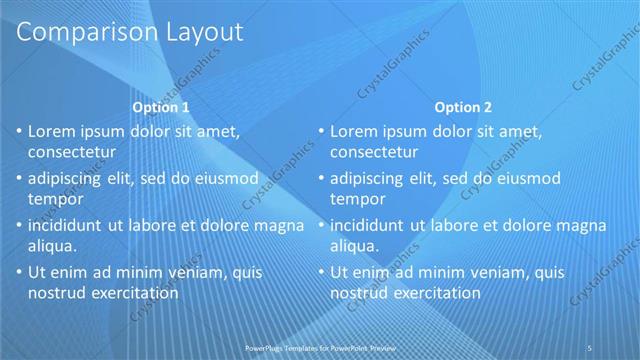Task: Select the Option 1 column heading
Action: coord(160,107)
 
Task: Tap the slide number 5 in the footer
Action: coord(592,347)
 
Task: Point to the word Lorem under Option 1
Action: coord(54,131)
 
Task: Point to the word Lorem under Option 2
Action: coord(356,131)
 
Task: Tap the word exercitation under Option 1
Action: coord(133,293)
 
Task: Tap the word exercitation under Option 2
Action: coord(435,293)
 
